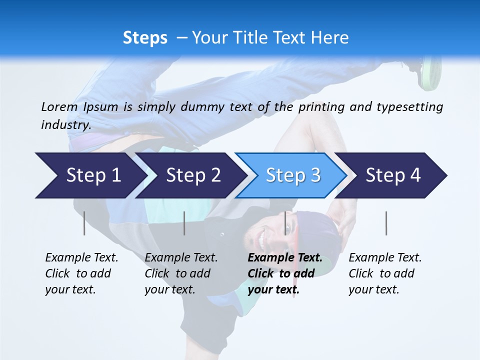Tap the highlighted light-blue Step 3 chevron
click(x=292, y=175)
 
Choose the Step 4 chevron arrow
click(x=393, y=175)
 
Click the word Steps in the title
click(x=145, y=38)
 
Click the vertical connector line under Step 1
click(x=84, y=223)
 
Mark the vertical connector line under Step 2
click(x=184, y=223)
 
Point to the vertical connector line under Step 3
click(x=285, y=223)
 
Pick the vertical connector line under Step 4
click(x=386, y=223)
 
